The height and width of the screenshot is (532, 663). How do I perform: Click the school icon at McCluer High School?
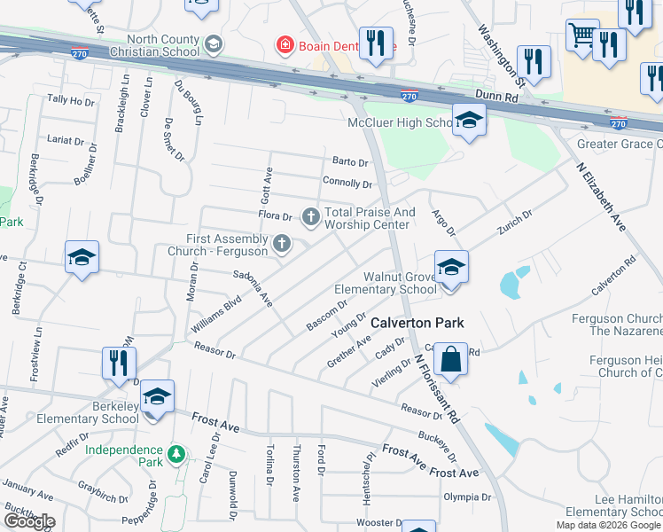(x=468, y=121)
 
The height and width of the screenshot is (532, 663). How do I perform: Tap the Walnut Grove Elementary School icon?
(x=451, y=267)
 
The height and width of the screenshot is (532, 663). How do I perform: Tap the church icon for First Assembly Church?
(x=282, y=243)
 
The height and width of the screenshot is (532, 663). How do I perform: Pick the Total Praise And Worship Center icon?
(x=310, y=215)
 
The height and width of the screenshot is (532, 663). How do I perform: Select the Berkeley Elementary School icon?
(x=157, y=396)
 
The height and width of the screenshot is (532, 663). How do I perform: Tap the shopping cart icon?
(x=582, y=36)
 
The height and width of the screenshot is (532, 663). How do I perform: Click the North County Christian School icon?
(x=213, y=43)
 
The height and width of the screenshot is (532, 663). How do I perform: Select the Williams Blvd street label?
(x=216, y=315)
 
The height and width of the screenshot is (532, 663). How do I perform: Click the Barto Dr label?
(x=350, y=161)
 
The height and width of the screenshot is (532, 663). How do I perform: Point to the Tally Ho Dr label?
(x=71, y=101)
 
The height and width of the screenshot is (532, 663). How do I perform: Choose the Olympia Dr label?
(x=467, y=497)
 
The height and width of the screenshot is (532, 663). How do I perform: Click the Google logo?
(x=29, y=521)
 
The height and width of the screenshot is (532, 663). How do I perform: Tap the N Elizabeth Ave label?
(x=601, y=197)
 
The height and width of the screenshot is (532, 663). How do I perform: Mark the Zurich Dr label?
(x=514, y=222)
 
